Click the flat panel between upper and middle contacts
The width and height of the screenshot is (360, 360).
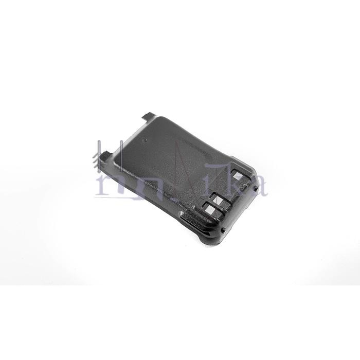point(229,188)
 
